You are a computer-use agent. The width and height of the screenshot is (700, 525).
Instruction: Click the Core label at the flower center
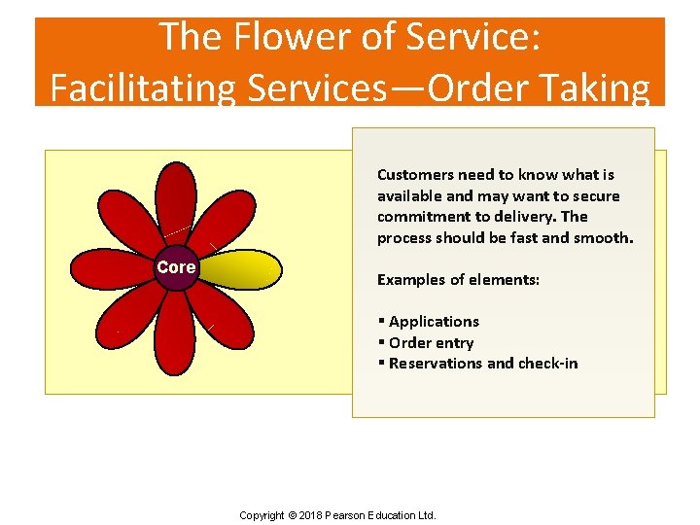176,267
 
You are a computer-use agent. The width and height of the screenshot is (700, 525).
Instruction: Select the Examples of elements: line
458,280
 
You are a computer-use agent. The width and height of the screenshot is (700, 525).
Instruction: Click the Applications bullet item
433,322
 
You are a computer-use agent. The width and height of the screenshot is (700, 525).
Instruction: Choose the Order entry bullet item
431,343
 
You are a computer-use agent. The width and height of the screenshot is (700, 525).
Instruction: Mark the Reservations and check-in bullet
482,364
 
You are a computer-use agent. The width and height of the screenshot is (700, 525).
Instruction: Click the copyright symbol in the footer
293,515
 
